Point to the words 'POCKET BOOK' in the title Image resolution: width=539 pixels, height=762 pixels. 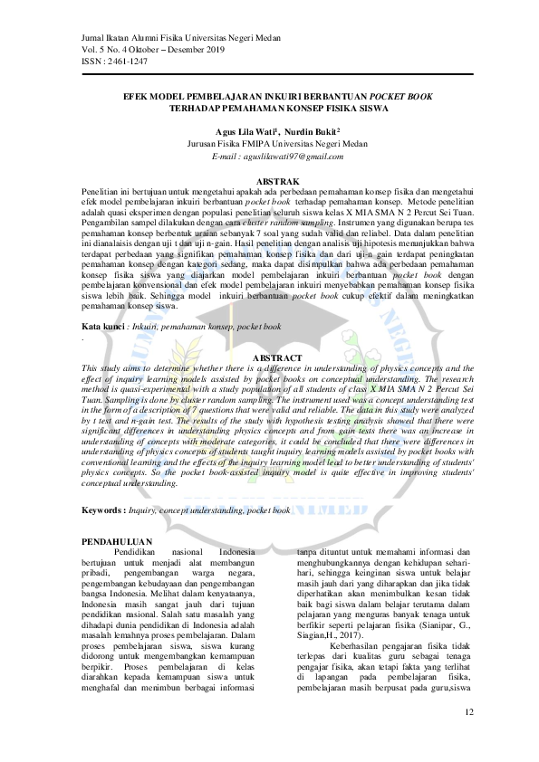[400, 96]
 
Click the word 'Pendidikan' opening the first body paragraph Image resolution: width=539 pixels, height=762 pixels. [140, 552]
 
